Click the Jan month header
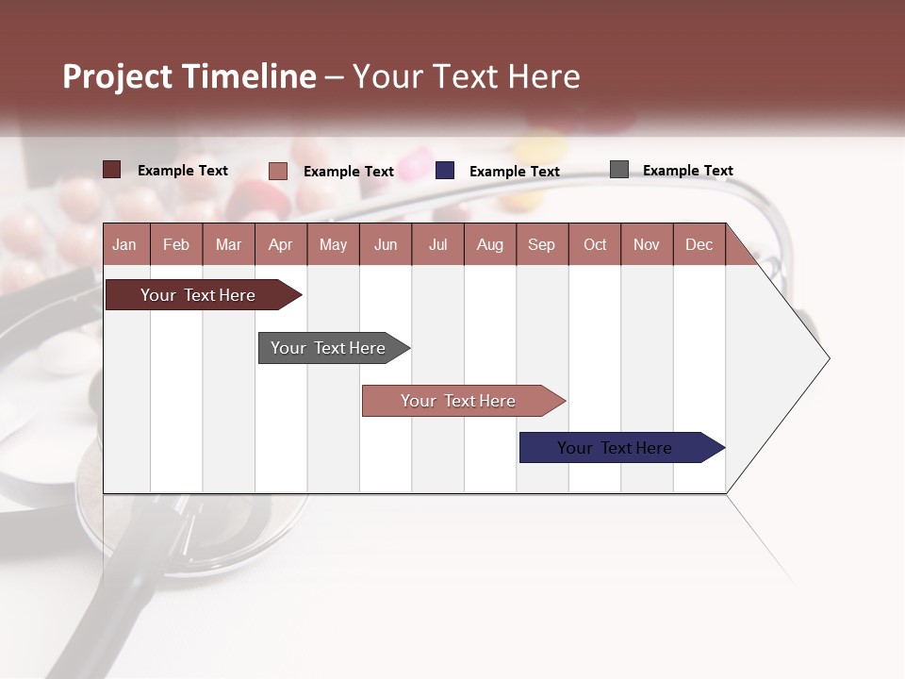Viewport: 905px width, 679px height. (124, 244)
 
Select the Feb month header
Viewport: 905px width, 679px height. (176, 244)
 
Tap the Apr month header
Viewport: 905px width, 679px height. (280, 244)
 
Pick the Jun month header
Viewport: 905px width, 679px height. (386, 244)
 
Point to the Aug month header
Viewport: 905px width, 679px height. (489, 244)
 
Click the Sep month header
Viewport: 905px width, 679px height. (541, 244)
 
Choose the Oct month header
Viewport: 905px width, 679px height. (595, 244)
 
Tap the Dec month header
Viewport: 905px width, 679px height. (699, 244)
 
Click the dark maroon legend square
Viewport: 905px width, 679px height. (111, 170)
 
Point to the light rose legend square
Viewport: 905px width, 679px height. (277, 171)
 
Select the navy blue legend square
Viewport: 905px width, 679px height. (445, 171)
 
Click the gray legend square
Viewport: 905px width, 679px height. (619, 170)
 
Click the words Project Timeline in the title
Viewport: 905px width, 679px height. (189, 76)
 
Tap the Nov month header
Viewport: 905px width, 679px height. (647, 244)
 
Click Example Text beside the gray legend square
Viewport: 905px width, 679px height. (687, 171)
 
